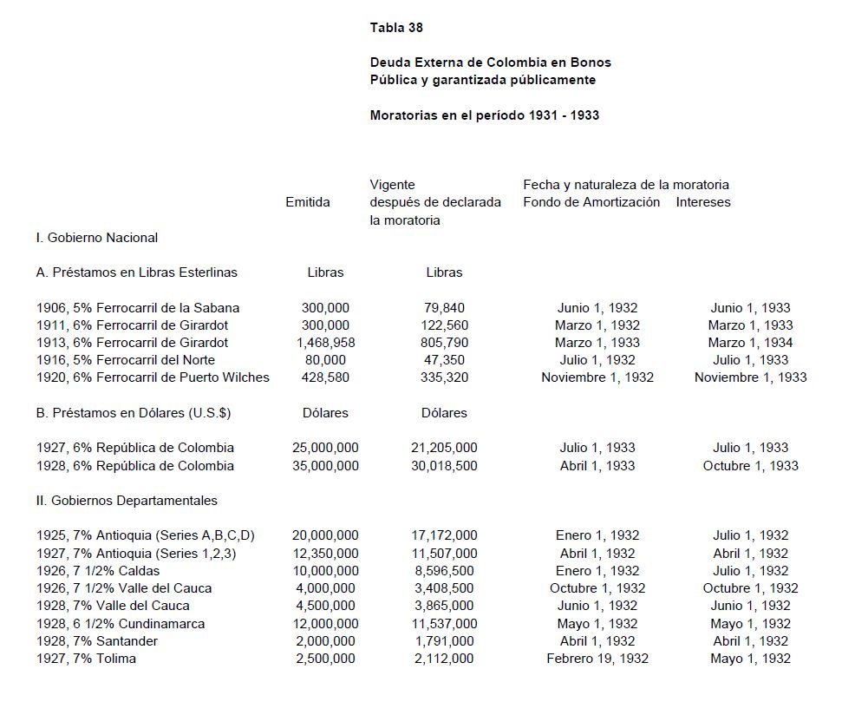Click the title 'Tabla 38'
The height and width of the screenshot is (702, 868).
coord(396,28)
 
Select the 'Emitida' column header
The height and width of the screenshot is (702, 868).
coord(308,202)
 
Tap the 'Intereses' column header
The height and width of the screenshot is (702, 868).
coord(703,202)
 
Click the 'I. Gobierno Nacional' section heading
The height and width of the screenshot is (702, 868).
coord(97,238)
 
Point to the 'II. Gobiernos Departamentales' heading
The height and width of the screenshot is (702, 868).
coord(127,501)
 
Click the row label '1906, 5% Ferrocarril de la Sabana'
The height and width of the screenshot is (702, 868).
coord(138,308)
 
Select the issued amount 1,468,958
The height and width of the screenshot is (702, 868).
coord(325,343)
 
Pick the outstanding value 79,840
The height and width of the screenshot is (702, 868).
coord(444,308)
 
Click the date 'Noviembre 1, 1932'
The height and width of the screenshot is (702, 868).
coord(597,377)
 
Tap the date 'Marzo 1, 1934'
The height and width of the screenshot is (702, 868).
coord(750,343)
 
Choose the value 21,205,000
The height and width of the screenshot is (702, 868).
coord(444,448)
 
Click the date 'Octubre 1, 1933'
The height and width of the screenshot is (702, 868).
coord(750,466)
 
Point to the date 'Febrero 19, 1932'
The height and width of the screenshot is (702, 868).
coord(597,659)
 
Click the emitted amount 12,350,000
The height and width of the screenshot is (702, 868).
coord(325,554)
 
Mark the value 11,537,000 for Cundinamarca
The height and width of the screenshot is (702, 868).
coord(444,624)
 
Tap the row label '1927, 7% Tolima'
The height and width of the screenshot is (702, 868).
coord(87,659)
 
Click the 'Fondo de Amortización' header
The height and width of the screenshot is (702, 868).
coord(591,202)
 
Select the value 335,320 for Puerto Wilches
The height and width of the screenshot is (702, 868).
coord(444,377)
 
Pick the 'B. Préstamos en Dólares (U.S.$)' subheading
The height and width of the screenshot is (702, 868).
coord(134,413)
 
